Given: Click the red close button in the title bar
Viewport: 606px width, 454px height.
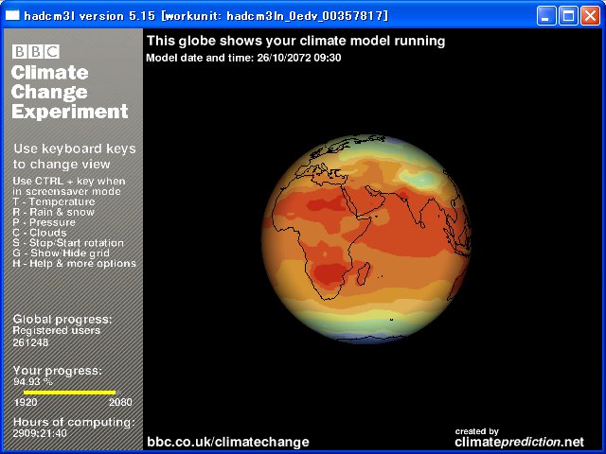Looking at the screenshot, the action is click(590, 16).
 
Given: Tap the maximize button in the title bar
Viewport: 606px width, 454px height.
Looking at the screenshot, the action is click(568, 16).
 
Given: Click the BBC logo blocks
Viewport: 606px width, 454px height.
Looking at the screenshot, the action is click(36, 51).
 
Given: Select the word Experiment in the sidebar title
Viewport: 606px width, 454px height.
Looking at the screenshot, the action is click(69, 112).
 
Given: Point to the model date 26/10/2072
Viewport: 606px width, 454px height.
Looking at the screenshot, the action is click(284, 58).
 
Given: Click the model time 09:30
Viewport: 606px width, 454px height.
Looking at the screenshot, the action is click(328, 58).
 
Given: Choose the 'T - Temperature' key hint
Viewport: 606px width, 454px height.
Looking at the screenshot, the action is click(54, 201).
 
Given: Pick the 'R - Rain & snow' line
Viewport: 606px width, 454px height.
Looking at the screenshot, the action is click(53, 212).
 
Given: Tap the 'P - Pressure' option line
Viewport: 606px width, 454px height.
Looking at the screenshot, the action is click(45, 222).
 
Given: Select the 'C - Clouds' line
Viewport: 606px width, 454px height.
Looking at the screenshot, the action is click(40, 233).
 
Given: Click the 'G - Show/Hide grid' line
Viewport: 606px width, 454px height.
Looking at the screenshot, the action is click(61, 253).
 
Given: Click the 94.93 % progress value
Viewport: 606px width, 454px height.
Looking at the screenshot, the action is click(33, 382).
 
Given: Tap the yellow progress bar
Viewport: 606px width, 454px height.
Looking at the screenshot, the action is click(69, 393).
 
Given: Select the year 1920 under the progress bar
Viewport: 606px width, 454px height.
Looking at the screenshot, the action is click(26, 402).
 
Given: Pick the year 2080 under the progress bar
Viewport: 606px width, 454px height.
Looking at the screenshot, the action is click(120, 402).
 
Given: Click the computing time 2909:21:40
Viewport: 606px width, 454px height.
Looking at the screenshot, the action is click(40, 433).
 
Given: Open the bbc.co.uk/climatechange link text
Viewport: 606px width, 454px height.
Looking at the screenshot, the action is click(228, 442).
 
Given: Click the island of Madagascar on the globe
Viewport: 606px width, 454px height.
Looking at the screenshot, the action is click(364, 273).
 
